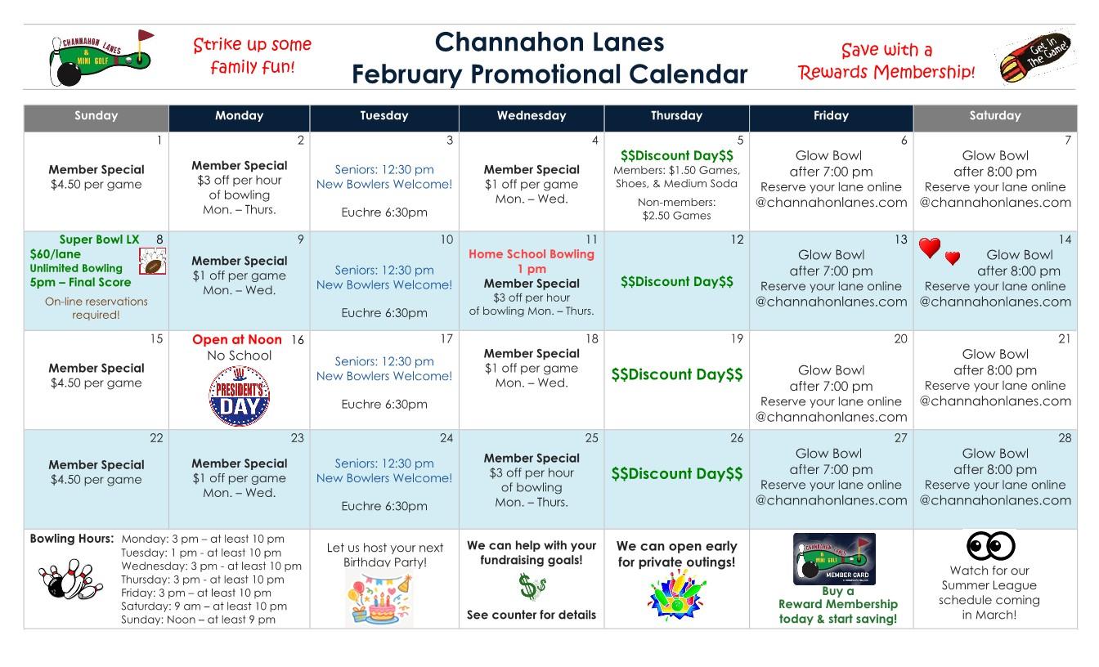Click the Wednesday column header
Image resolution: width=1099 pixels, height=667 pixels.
pyautogui.click(x=532, y=116)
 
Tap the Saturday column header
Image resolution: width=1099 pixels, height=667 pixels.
pyautogui.click(x=994, y=116)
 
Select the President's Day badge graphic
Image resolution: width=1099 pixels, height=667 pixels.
pyautogui.click(x=240, y=396)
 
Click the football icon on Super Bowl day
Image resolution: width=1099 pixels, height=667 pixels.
pyautogui.click(x=153, y=261)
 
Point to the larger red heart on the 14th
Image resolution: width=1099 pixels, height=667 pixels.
pyautogui.click(x=930, y=248)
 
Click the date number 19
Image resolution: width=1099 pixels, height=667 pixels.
pyautogui.click(x=737, y=339)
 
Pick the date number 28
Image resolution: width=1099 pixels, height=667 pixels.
pyautogui.click(x=1064, y=438)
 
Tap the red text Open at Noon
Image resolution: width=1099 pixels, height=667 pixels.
pyautogui.click(x=237, y=339)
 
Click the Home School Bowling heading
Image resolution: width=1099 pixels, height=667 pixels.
pyautogui.click(x=532, y=254)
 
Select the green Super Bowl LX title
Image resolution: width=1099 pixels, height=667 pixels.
pyautogui.click(x=99, y=239)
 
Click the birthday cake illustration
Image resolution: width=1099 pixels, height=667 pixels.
pyautogui.click(x=379, y=600)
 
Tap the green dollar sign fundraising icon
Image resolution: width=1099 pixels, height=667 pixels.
pyautogui.click(x=532, y=586)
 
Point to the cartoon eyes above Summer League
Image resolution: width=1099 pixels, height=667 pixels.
pyautogui.click(x=990, y=546)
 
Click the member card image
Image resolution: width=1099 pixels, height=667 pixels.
pyautogui.click(x=834, y=558)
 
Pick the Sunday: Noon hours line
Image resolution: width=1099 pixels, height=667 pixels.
pyautogui.click(x=198, y=620)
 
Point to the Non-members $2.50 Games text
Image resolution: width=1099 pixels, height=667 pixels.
pyautogui.click(x=676, y=208)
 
